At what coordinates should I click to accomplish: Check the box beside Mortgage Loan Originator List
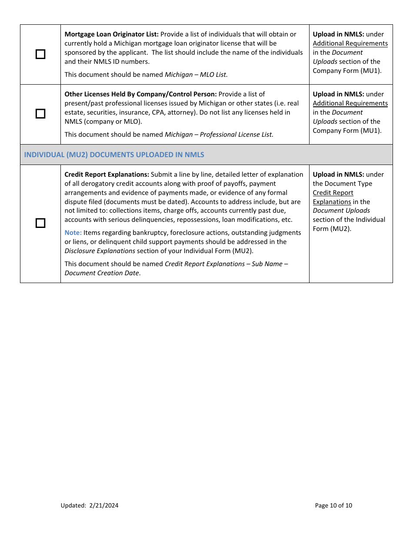[40, 54]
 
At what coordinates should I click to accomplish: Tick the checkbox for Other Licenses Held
[40, 114]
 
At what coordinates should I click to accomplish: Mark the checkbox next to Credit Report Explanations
[40, 223]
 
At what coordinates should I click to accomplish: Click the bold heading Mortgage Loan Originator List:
[112, 34]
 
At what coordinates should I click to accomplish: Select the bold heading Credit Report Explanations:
[107, 175]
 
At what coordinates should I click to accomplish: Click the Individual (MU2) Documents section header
[114, 155]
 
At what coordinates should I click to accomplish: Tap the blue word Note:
[73, 233]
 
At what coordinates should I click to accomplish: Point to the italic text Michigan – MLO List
[196, 75]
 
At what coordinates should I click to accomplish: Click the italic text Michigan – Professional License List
[219, 135]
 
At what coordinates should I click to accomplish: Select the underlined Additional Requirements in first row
[350, 43]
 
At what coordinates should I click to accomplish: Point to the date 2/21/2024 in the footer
[103, 505]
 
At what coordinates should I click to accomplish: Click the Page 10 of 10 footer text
[333, 505]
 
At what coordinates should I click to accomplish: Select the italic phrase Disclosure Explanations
[100, 251]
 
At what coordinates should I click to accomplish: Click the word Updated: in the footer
[73, 505]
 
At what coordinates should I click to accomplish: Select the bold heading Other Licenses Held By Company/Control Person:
[140, 94]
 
